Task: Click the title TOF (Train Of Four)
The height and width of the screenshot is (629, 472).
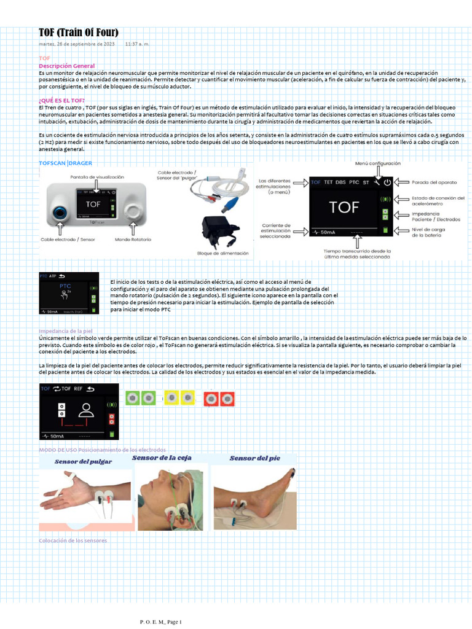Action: (79, 33)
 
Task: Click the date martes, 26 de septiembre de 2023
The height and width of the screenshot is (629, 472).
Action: (77, 44)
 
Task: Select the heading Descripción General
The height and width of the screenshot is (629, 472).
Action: (66, 66)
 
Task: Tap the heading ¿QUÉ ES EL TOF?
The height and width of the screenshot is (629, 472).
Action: (61, 100)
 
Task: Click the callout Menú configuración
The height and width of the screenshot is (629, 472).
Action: (377, 163)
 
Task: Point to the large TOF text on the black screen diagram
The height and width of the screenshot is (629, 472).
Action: (344, 207)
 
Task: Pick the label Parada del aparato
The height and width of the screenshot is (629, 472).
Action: (434, 181)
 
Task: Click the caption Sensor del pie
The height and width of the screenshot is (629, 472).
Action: (253, 458)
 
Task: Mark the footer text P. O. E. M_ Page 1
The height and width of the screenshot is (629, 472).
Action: (162, 622)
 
